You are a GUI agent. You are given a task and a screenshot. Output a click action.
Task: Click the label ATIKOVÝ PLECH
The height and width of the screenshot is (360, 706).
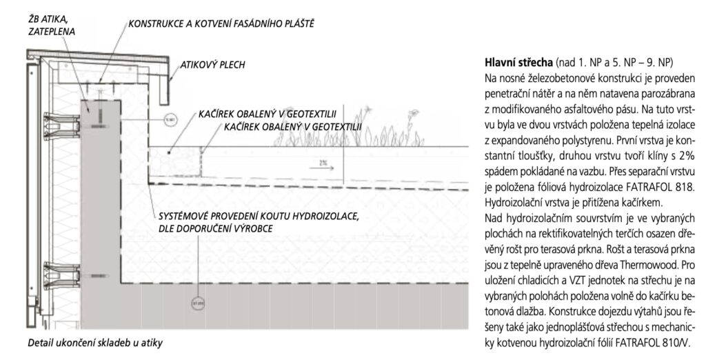coord(213,66)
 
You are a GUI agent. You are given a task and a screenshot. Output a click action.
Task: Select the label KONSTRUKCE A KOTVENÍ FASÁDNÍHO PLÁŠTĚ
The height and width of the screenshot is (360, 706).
coord(221,24)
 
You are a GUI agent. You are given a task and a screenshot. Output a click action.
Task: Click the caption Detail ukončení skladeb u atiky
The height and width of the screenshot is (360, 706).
coord(97,343)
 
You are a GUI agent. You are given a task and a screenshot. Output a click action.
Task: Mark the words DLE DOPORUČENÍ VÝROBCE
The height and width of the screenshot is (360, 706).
coord(215,228)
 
